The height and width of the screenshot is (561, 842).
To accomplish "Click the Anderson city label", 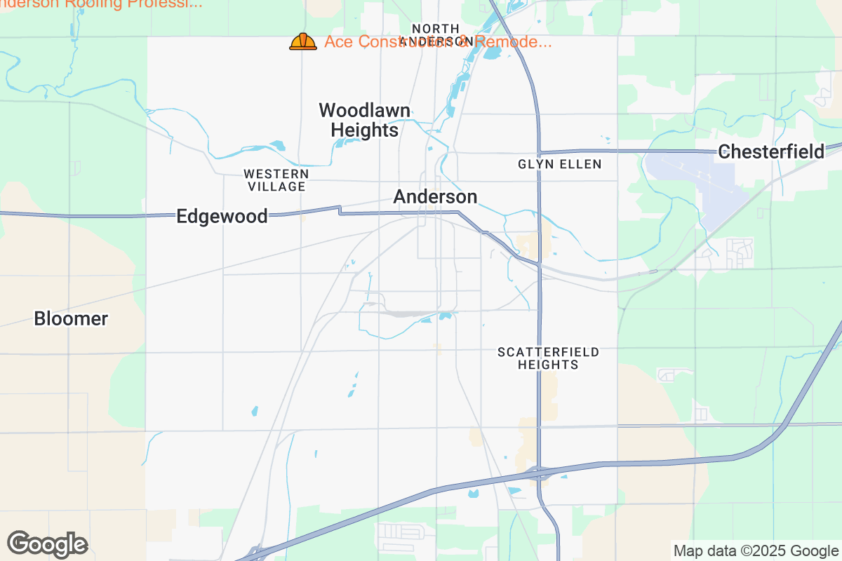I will click(435, 197).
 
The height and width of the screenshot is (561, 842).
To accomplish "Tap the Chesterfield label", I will click(771, 151).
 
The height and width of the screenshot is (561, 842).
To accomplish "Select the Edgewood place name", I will click(222, 216).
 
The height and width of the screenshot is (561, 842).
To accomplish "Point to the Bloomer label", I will click(71, 319).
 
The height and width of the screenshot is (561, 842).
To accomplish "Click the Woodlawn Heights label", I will click(364, 120).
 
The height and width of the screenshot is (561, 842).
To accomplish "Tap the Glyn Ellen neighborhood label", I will click(559, 164).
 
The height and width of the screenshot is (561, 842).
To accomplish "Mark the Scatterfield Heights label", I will click(548, 358).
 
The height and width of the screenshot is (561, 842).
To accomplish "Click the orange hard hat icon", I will click(303, 42).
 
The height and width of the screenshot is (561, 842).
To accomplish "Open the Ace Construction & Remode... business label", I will click(438, 42).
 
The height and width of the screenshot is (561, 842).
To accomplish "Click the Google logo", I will click(48, 544).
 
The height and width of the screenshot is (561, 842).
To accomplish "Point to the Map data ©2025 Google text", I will click(756, 550).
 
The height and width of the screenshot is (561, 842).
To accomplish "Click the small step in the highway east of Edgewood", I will click(340, 210).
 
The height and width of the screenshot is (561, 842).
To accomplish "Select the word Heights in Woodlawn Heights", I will click(364, 130).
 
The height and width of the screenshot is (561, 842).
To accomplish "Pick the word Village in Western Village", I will click(276, 187).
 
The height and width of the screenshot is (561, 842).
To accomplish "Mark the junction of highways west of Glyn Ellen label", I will click(539, 152).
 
